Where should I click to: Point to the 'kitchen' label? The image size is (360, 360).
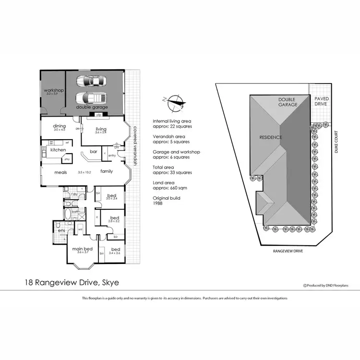[x=58, y=150]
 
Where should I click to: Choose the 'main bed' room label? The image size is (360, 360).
[x=83, y=249]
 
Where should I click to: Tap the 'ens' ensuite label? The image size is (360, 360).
[x=61, y=231]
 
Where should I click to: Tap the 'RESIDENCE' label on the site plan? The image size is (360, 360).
[x=270, y=137]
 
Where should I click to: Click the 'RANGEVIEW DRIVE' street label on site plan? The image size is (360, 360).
[x=288, y=250]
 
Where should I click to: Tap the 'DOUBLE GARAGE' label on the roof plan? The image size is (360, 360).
[x=288, y=102]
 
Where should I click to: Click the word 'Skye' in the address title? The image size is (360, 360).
[x=109, y=283]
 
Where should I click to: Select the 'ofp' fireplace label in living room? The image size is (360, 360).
[x=98, y=115]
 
